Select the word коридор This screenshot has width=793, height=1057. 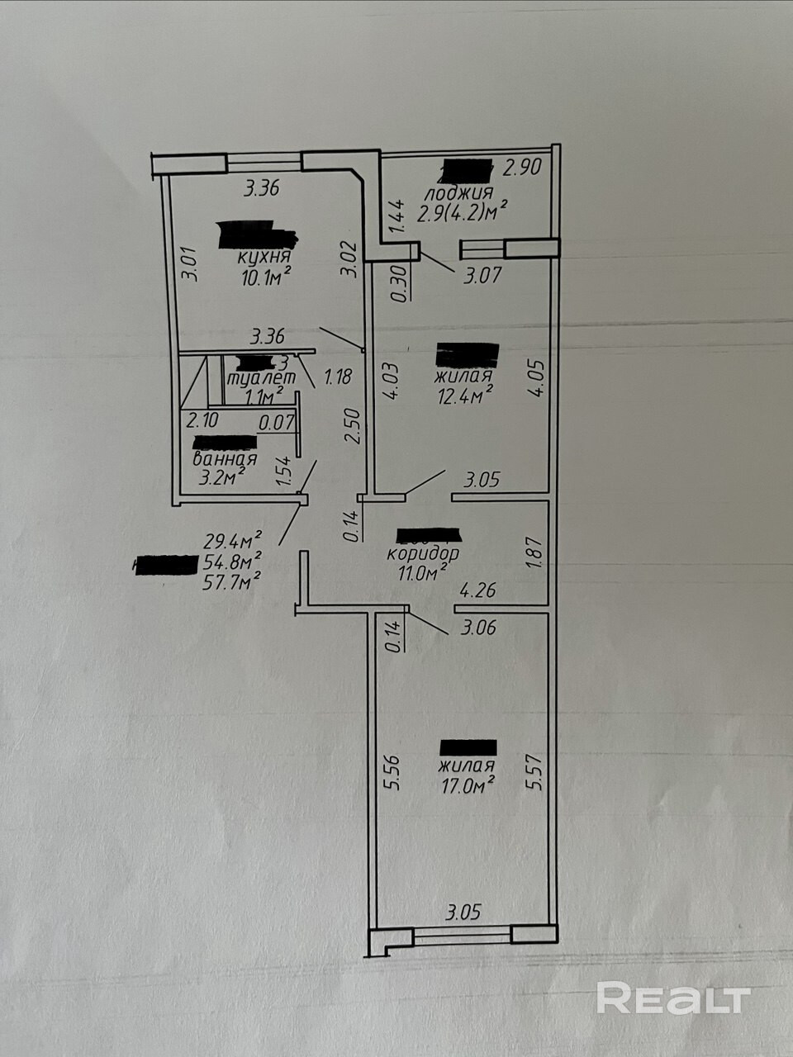click(x=423, y=552)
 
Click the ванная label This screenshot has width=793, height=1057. click(x=224, y=459)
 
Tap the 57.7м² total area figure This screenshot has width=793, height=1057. click(x=232, y=581)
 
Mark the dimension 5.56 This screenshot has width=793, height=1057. click(x=393, y=773)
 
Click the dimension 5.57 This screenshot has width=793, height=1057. click(x=537, y=773)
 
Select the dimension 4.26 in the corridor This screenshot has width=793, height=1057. click(x=477, y=590)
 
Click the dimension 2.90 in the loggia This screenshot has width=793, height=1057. click(x=521, y=168)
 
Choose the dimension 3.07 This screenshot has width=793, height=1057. click(x=482, y=276)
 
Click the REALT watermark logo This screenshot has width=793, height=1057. click(x=672, y=998)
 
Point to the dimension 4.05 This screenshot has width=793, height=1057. click(x=537, y=378)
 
